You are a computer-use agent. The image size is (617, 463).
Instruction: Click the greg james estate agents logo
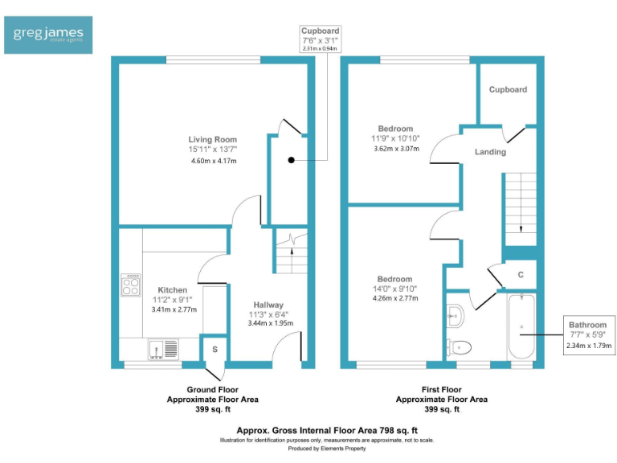[x=48, y=35]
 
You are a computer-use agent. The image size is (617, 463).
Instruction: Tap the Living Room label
[x=212, y=139]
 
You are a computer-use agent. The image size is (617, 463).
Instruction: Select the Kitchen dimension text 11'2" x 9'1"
[x=173, y=300]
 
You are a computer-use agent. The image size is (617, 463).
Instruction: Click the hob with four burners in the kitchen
[x=131, y=285]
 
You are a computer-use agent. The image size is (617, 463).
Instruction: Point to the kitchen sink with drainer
[x=163, y=349]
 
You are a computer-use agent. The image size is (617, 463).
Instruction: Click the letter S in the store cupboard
[x=215, y=349]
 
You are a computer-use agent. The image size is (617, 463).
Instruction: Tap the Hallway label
[x=268, y=305]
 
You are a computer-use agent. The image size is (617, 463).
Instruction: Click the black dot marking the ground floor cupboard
[x=291, y=160]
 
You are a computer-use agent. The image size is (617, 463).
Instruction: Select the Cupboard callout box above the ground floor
[x=320, y=39]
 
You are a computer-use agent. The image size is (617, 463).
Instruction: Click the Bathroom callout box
[x=589, y=335]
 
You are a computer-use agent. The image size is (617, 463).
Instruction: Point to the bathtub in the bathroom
[x=521, y=326]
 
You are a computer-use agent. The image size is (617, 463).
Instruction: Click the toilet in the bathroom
[x=459, y=347]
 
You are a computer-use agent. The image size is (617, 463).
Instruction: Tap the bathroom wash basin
[x=456, y=315]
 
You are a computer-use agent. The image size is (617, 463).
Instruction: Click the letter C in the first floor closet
[x=521, y=274]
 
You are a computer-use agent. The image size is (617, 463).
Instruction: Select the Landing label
[x=490, y=152]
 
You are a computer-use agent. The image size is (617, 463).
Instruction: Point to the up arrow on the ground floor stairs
[x=292, y=260]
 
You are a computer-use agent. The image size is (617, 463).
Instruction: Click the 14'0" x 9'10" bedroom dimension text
[x=394, y=289]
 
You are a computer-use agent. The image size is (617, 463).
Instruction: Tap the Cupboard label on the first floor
[x=508, y=89]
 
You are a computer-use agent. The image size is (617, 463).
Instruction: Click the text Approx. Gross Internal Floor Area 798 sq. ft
[x=327, y=430]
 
